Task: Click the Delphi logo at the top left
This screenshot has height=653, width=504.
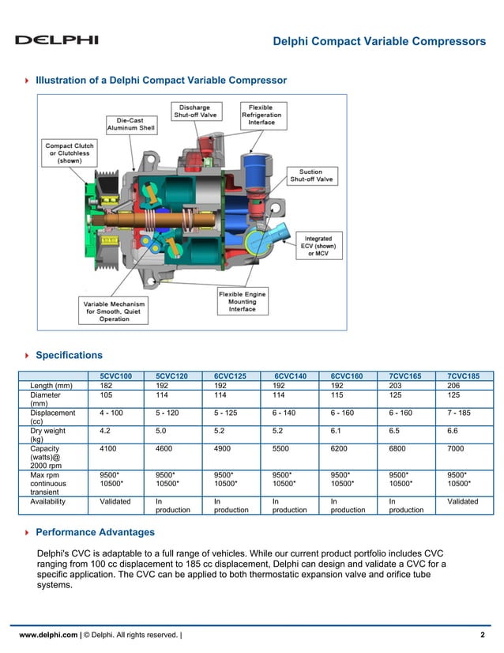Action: tap(57, 40)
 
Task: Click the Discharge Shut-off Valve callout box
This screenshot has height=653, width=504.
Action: tap(194, 111)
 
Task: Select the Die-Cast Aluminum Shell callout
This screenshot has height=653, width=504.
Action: tap(131, 124)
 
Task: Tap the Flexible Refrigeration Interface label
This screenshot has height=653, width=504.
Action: tap(261, 115)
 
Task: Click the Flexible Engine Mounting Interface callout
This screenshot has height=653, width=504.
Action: tap(243, 301)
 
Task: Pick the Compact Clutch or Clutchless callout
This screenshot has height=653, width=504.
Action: tap(70, 153)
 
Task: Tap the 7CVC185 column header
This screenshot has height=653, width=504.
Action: tap(463, 376)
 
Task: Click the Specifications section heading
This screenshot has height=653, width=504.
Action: tap(70, 355)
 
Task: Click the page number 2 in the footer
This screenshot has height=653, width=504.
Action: tap(482, 635)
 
